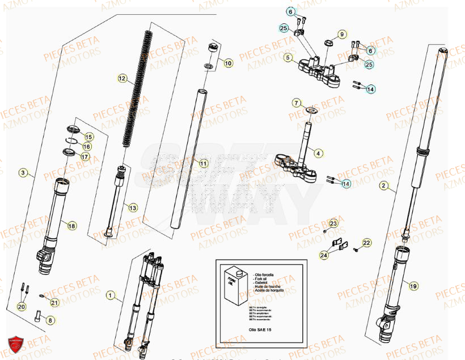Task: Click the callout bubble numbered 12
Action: pyautogui.click(x=122, y=78)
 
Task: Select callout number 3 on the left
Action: pyautogui.click(x=23, y=172)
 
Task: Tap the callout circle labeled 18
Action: pyautogui.click(x=71, y=226)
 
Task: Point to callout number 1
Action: pyautogui.click(x=111, y=295)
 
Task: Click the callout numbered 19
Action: pyautogui.click(x=413, y=286)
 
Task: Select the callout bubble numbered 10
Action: pyautogui.click(x=227, y=63)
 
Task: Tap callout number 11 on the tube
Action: pyautogui.click(x=204, y=163)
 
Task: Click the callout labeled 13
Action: pyautogui.click(x=132, y=208)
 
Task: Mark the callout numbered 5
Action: pyautogui.click(x=288, y=57)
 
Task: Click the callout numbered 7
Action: pyautogui.click(x=296, y=103)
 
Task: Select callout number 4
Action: pyautogui.click(x=318, y=153)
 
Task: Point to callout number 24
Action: pyautogui.click(x=324, y=255)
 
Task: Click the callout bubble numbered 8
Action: pyautogui.click(x=50, y=320)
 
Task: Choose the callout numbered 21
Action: pyautogui.click(x=54, y=302)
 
